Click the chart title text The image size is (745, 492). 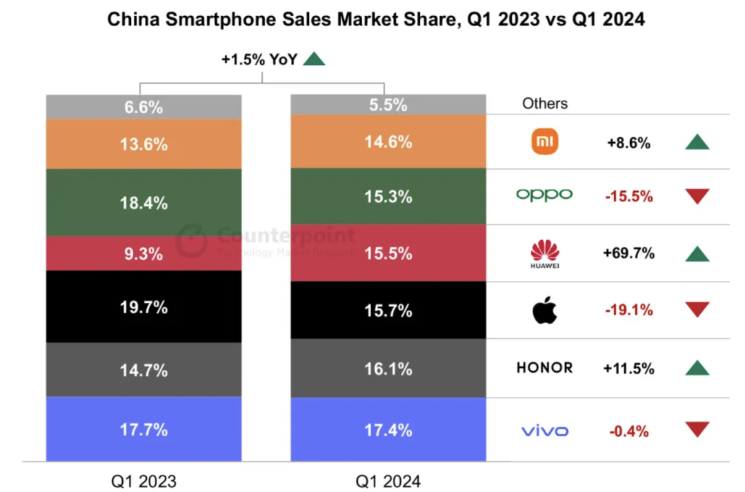click(376, 19)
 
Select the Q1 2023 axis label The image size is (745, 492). click(143, 480)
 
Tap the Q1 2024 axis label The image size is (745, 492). click(388, 480)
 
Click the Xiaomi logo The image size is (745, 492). click(545, 142)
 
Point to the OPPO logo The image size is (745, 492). click(545, 195)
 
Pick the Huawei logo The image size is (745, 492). click(545, 254)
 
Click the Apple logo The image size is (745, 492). click(544, 311)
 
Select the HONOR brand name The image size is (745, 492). click(544, 368)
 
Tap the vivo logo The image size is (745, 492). click(545, 431)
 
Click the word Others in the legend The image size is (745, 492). click(545, 104)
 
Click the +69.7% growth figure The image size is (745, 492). click(628, 253)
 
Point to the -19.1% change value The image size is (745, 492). click(628, 311)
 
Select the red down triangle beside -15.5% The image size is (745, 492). click(697, 196)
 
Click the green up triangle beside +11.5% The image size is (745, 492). click(697, 368)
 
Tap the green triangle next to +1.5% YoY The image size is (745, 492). click(314, 59)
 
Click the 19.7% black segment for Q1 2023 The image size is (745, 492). click(143, 307)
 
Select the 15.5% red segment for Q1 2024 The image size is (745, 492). click(388, 253)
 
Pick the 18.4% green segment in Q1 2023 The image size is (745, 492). click(143, 203)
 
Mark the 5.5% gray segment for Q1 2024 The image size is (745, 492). click(388, 105)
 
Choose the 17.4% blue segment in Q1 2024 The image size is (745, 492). click(388, 429)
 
